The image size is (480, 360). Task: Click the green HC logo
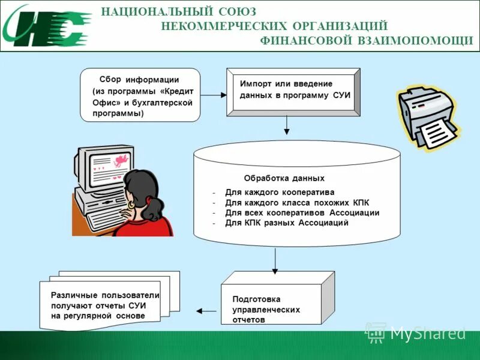(45, 25)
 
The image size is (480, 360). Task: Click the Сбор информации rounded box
(140, 95)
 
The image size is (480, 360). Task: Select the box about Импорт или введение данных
(293, 91)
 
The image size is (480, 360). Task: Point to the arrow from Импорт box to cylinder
(287, 125)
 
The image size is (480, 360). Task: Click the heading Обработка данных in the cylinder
(284, 178)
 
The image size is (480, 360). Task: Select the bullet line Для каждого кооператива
(279, 193)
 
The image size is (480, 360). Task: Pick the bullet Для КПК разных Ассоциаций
(286, 223)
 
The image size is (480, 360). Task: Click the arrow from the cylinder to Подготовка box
(275, 259)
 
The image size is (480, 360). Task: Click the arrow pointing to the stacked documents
(208, 311)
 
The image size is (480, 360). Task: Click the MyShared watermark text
(427, 333)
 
